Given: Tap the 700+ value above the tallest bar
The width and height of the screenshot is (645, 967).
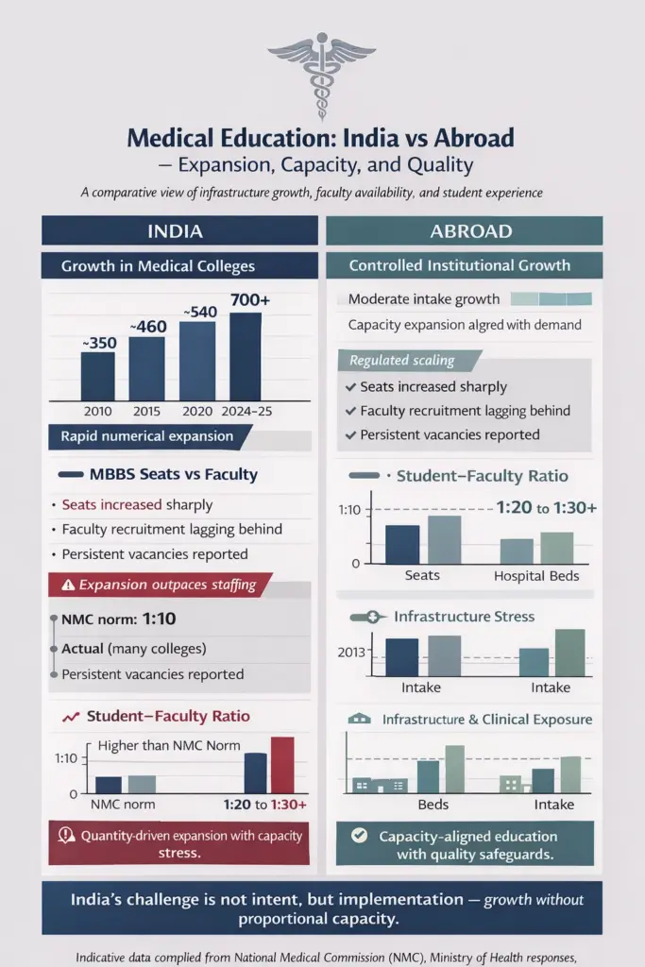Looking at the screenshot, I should [249, 299].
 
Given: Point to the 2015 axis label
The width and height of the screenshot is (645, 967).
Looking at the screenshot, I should [145, 411].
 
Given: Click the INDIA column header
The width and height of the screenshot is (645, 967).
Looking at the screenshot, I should [179, 231].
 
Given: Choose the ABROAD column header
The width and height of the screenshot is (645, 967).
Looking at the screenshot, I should [464, 231].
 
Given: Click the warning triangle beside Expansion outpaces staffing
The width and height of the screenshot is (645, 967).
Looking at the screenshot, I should [67, 585].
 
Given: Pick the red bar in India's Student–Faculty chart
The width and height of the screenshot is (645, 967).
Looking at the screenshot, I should [282, 764].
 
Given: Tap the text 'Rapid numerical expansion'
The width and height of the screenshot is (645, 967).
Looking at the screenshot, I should [146, 436].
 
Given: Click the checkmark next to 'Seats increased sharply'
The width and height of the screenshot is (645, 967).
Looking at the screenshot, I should [351, 387].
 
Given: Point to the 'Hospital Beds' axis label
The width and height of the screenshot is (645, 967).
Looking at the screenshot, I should [535, 575].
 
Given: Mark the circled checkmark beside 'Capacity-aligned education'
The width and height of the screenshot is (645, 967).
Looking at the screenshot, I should [358, 836].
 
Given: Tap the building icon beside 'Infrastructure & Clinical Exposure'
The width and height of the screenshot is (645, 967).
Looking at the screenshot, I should [359, 720].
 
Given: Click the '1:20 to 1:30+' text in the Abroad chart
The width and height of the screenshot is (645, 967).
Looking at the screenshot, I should [546, 508].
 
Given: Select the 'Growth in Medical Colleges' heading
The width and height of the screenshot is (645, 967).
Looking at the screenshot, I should [158, 266].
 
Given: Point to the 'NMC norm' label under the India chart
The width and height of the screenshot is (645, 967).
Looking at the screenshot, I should [122, 805].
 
